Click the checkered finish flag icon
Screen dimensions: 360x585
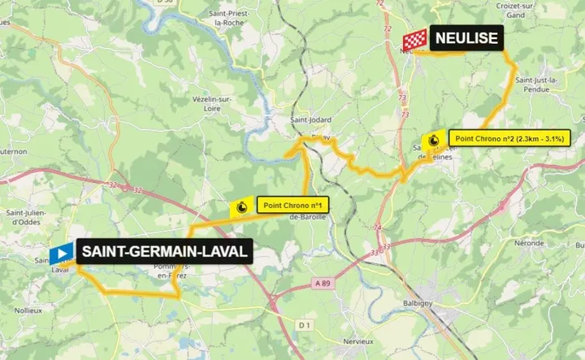click(x=415, y=39)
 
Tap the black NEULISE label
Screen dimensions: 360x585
click(x=466, y=37)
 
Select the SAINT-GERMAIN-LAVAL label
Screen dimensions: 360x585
click(x=162, y=252)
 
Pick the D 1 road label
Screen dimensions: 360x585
click(x=305, y=325)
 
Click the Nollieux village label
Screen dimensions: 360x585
click(x=30, y=310)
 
